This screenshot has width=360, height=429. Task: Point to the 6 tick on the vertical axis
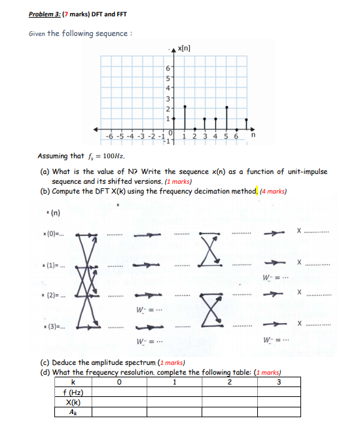[168, 69]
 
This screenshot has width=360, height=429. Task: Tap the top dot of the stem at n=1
[185, 105]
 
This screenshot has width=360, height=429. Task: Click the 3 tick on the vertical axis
[168, 99]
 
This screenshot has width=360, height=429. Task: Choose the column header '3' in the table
[280, 383]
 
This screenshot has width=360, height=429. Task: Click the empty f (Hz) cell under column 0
[118, 393]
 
